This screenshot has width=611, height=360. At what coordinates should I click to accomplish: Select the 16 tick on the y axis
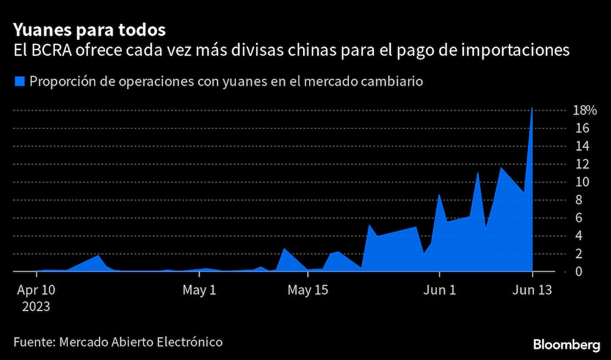click(581, 128)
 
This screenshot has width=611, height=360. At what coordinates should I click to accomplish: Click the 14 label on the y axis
click(581, 146)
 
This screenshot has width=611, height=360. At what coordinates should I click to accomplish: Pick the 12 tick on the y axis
click(581, 164)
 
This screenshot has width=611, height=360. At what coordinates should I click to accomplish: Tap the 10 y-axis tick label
click(581, 182)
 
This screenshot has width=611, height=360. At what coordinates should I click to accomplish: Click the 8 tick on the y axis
click(578, 200)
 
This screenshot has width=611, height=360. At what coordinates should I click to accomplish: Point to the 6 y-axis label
click(578, 218)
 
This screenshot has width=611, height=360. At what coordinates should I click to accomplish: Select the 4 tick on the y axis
click(578, 235)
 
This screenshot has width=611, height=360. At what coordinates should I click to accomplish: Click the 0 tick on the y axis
click(578, 271)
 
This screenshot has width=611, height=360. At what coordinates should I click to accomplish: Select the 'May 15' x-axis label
click(308, 290)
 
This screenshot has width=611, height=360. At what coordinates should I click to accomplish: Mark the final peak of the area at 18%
click(533, 108)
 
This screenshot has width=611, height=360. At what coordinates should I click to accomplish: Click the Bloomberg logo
click(567, 345)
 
